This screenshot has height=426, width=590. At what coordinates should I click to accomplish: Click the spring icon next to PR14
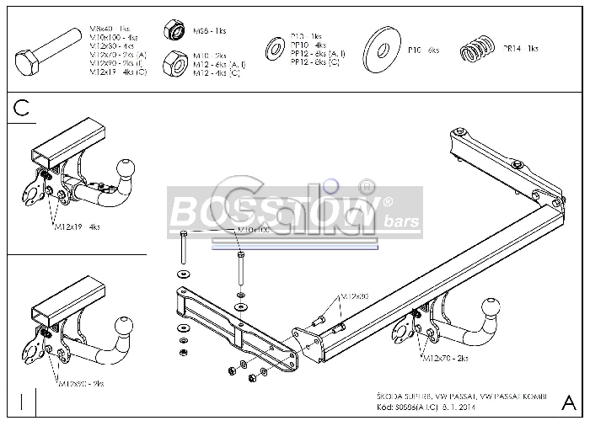point(479,51)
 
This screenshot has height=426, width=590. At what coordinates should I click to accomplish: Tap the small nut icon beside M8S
point(176,31)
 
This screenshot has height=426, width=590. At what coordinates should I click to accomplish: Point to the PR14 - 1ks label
point(521,49)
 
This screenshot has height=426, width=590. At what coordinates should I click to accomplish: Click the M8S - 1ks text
point(209,31)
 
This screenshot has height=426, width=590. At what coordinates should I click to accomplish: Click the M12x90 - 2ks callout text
point(81,383)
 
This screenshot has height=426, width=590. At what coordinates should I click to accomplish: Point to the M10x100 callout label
point(255,230)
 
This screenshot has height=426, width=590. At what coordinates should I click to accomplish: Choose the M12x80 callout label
point(355,296)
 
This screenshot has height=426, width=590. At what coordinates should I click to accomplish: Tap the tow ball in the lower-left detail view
point(124,326)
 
